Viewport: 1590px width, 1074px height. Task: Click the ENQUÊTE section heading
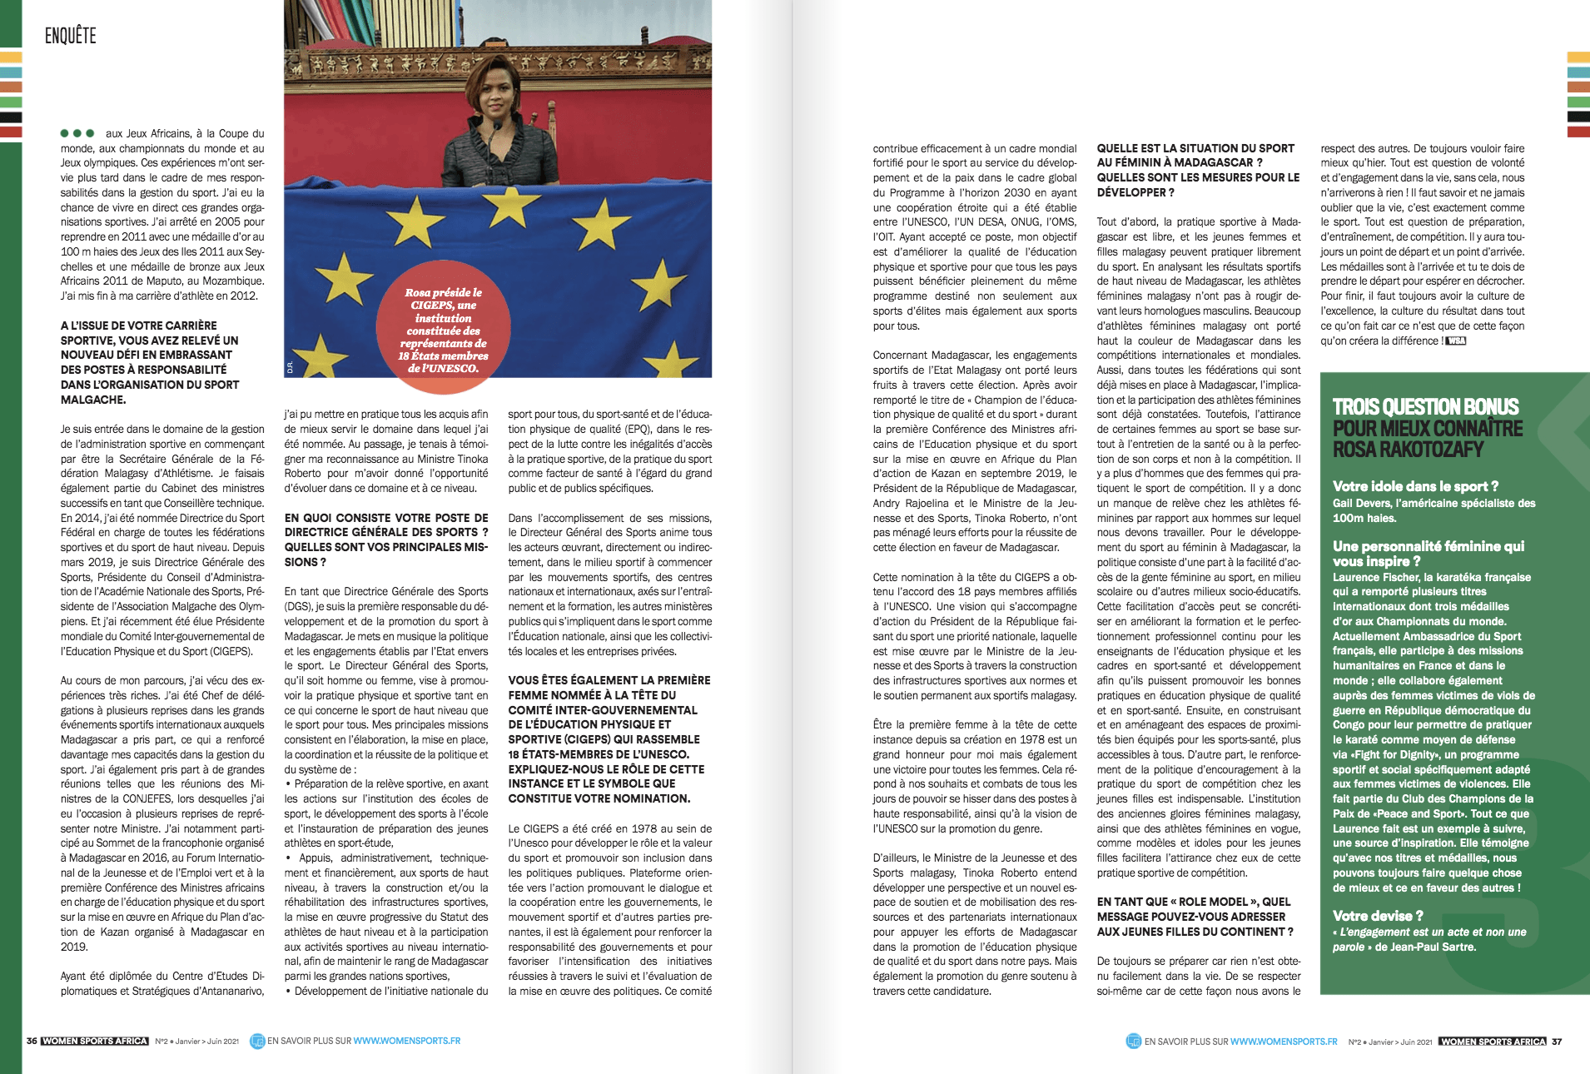coord(71,35)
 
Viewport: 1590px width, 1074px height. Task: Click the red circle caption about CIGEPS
coord(443,331)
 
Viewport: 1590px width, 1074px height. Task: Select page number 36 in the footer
coord(32,1041)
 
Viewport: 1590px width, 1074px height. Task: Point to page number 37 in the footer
coord(1557,1042)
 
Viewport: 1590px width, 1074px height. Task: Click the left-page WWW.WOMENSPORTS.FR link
coord(406,1041)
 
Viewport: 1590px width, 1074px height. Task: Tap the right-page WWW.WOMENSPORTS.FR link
coord(1284,1042)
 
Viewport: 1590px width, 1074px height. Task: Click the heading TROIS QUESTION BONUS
coord(1425,407)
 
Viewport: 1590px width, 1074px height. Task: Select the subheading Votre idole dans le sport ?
coord(1415,486)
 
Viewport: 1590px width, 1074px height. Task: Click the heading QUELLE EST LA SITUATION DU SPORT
coord(1195,148)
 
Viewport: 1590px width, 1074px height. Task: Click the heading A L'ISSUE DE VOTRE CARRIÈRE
coord(138,326)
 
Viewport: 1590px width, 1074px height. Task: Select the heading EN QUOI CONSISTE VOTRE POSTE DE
coord(386,518)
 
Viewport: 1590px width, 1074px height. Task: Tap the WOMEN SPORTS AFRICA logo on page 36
coord(95,1041)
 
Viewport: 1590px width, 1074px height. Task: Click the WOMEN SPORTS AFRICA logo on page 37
coord(1493,1042)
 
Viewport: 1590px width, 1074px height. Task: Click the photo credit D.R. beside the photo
coord(290,367)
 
